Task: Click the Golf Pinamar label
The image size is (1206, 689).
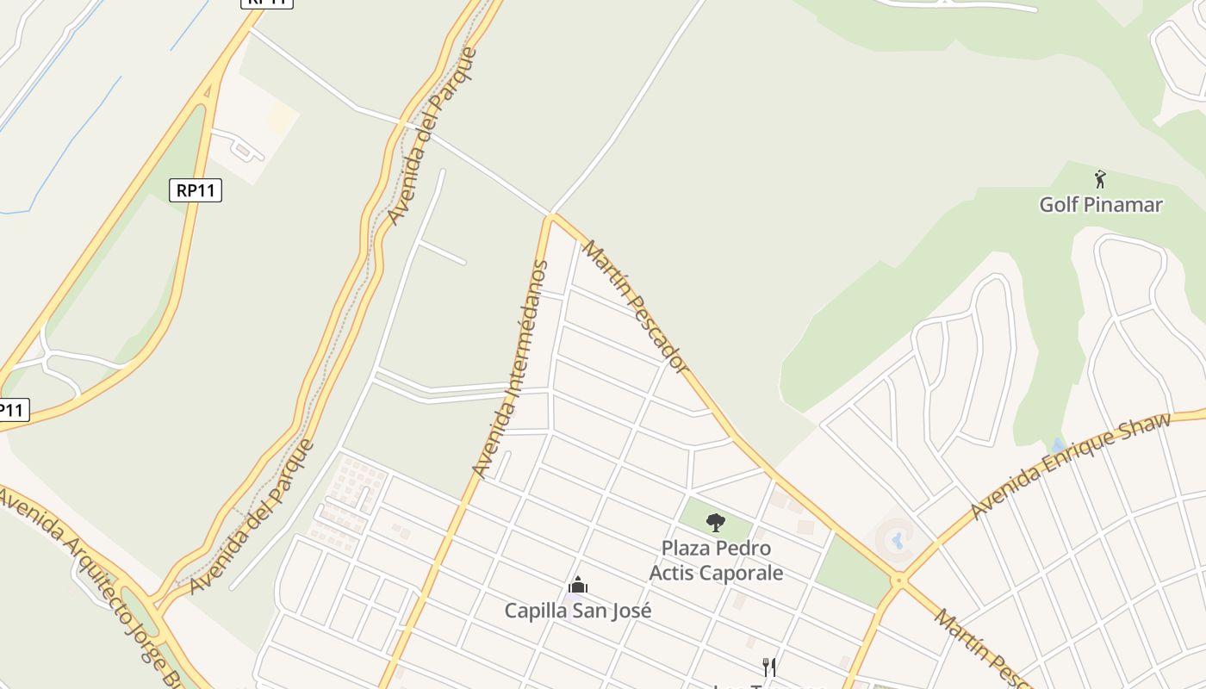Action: coord(1100,205)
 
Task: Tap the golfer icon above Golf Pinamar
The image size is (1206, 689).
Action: coord(1100,179)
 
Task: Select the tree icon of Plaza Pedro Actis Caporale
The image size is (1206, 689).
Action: coord(715,522)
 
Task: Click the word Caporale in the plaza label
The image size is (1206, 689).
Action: coord(741,573)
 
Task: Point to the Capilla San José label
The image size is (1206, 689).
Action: coord(577,611)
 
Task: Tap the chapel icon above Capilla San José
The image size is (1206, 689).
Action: coord(577,587)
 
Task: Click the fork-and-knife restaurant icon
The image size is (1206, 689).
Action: coord(769,667)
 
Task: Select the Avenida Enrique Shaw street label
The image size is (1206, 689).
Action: coord(1071,466)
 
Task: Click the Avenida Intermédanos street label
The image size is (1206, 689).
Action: coord(511,369)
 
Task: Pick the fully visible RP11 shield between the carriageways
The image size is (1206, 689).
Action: coord(196,190)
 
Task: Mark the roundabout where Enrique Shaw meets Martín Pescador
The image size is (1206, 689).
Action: coord(899,581)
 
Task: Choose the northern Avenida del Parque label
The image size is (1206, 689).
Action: coord(432,136)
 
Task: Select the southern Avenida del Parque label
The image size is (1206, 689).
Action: coord(252,518)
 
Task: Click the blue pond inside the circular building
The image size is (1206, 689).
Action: coord(898,541)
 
